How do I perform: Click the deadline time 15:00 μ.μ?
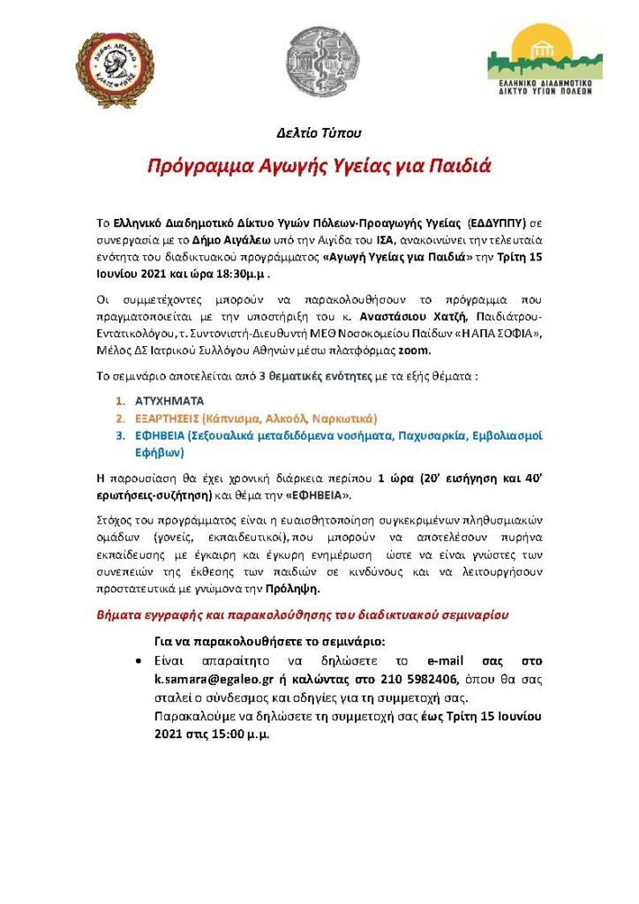tap(233, 734)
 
